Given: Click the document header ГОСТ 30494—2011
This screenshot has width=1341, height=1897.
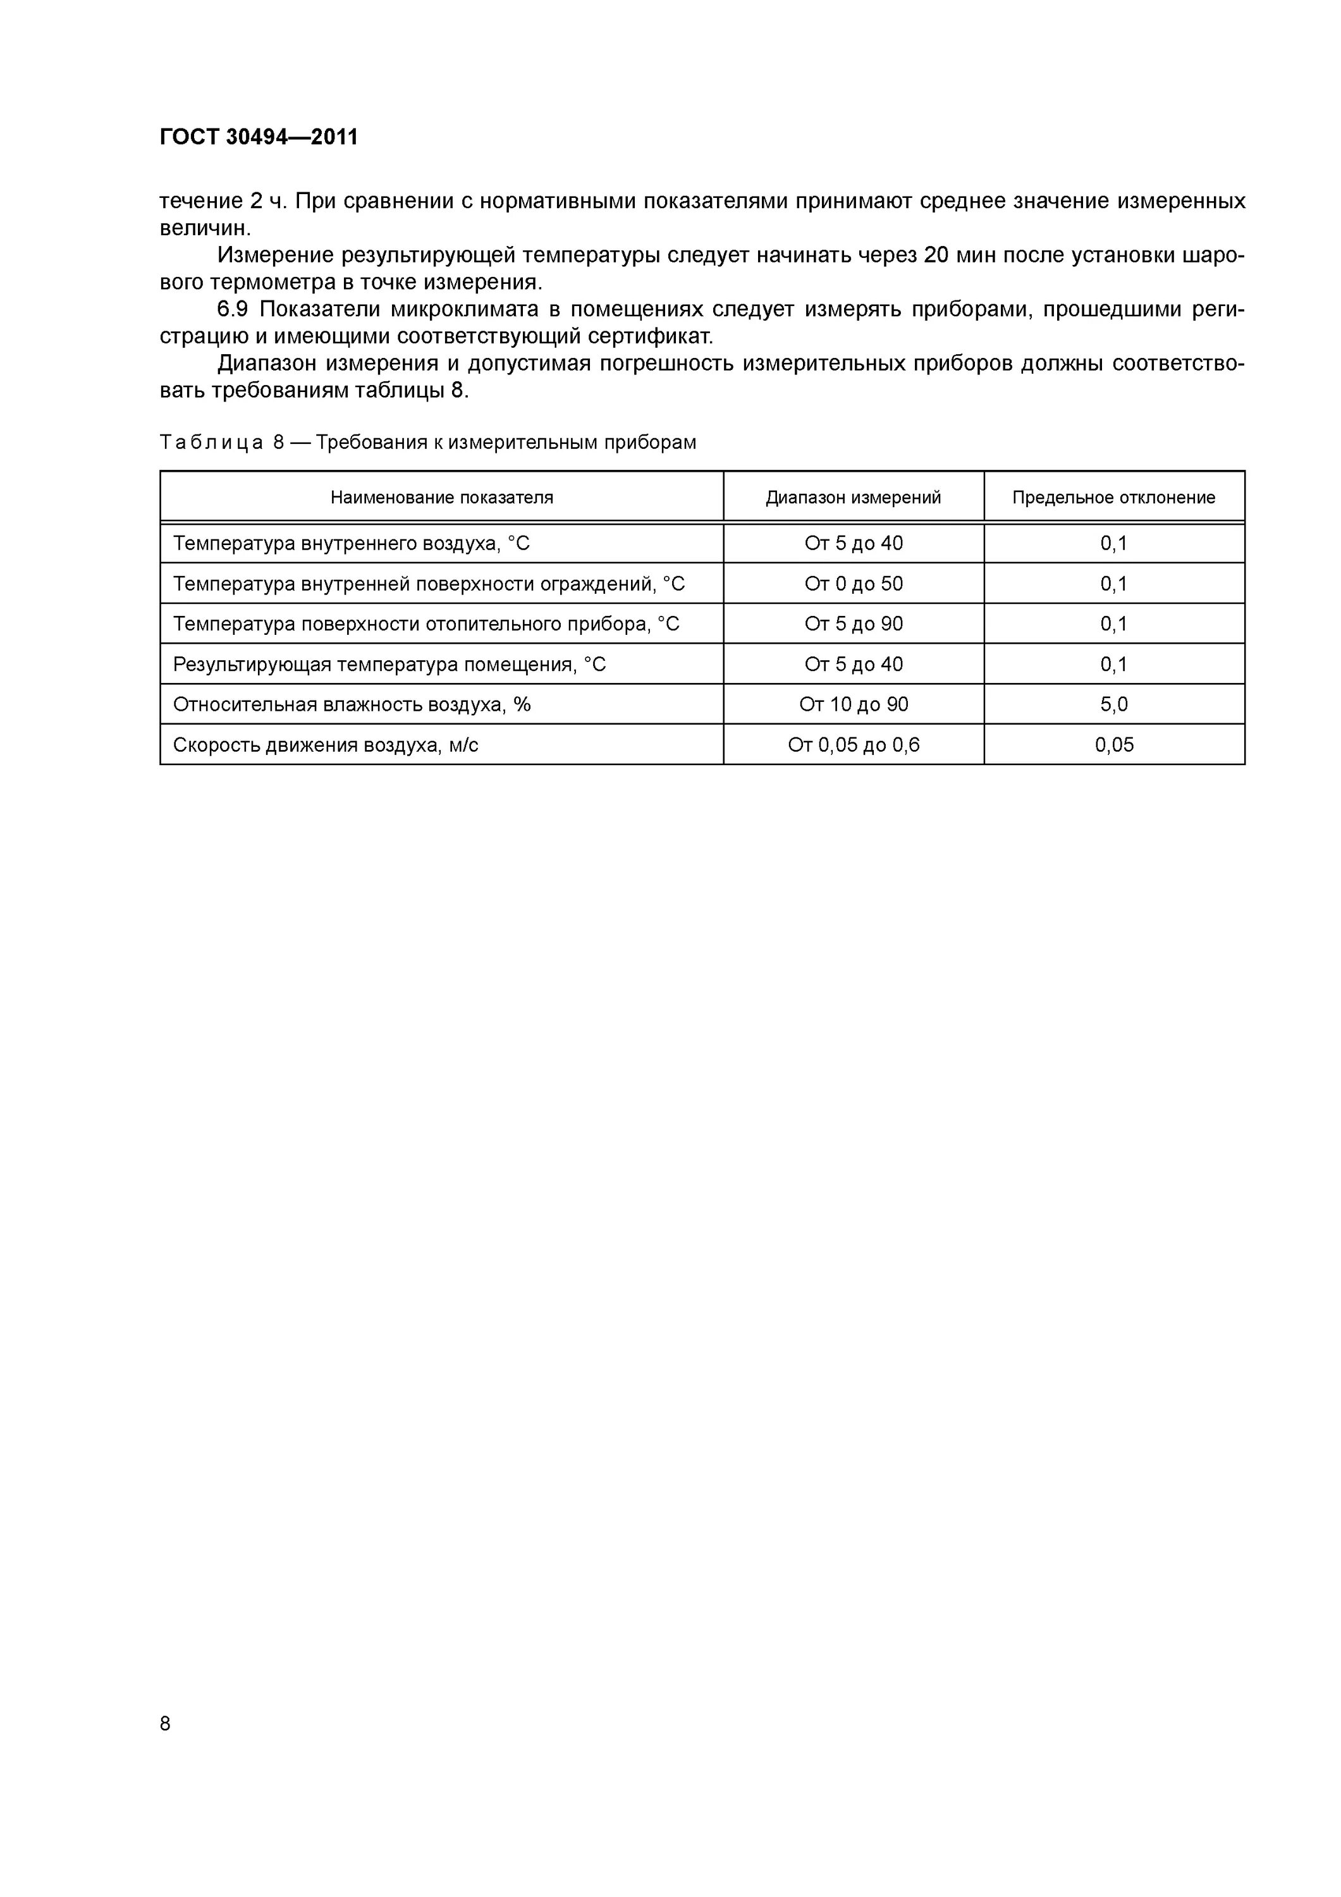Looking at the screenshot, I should pyautogui.click(x=259, y=137).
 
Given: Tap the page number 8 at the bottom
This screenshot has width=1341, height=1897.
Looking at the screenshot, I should pyautogui.click(x=165, y=1724).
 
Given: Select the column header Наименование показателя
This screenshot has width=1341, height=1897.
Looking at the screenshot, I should pyautogui.click(x=441, y=498).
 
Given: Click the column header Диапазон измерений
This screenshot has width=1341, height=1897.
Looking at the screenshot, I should pyautogui.click(x=853, y=498).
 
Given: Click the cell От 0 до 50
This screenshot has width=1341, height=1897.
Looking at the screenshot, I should pyautogui.click(x=854, y=584).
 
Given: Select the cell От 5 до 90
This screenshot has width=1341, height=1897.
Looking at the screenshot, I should pyautogui.click(x=854, y=623).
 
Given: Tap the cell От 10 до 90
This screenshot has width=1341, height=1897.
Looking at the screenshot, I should pyautogui.click(x=854, y=705).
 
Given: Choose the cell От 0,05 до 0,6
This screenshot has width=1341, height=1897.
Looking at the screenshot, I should pyautogui.click(x=854, y=746).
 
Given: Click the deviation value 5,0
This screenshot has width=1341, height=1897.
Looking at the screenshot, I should pyautogui.click(x=1114, y=705).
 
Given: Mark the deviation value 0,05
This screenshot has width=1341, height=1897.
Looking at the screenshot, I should pyautogui.click(x=1114, y=746).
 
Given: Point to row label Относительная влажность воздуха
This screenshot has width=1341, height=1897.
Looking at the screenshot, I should pyautogui.click(x=351, y=705).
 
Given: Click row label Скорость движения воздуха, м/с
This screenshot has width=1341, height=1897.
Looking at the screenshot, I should pyautogui.click(x=326, y=746).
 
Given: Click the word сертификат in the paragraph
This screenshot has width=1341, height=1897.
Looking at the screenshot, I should pyautogui.click(x=649, y=337).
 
